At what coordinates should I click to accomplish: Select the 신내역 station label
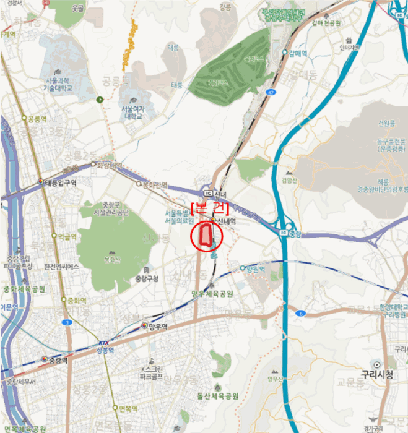click(227, 220)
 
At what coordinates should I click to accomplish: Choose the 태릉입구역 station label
click(60, 183)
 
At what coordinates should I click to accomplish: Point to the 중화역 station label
click(76, 300)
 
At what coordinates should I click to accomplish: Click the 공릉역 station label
click(36, 118)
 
